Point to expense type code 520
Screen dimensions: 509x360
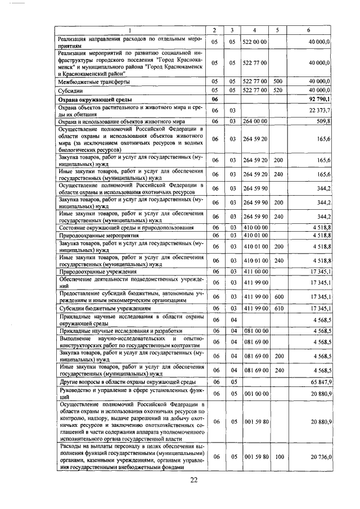(277, 90)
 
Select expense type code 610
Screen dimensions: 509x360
(277, 308)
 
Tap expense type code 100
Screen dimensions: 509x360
(277, 458)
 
